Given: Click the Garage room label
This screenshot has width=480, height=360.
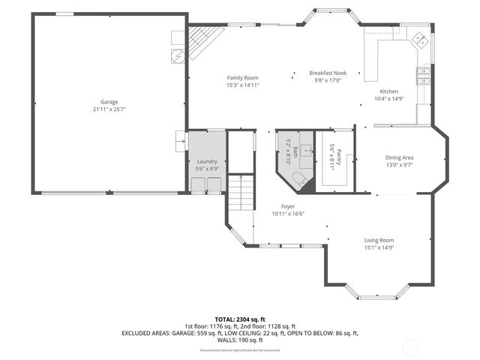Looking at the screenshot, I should [x=109, y=102].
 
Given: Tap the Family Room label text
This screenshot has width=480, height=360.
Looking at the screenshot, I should [x=242, y=78].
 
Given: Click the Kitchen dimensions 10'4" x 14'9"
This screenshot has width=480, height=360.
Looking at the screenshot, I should [x=388, y=98].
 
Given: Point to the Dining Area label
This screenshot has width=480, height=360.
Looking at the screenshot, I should [x=399, y=157].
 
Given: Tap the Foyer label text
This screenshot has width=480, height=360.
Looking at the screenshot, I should [x=287, y=206].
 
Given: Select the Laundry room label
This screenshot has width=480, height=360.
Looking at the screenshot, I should [x=207, y=162].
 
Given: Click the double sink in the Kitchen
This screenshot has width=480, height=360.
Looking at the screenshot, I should [x=422, y=43].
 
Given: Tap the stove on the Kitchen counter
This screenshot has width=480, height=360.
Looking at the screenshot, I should [x=424, y=74].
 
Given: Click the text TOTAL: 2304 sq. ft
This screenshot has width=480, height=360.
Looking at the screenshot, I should [x=239, y=319].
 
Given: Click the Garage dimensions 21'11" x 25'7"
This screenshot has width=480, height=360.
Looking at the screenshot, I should [x=109, y=109].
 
